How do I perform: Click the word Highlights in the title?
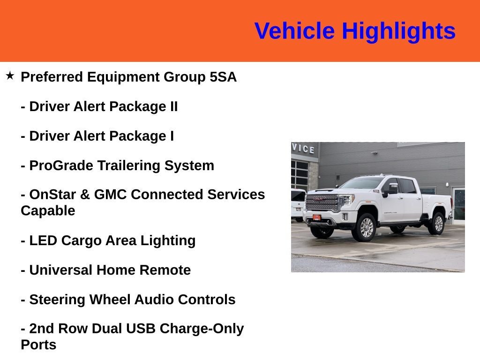tap(398, 31)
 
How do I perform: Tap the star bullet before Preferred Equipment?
tap(10, 75)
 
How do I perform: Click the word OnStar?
tap(50, 195)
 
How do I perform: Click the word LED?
tap(43, 240)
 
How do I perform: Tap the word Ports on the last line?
tap(38, 345)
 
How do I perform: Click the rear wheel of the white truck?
tap(438, 223)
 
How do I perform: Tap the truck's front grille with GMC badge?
tap(321, 202)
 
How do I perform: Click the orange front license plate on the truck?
tap(317, 217)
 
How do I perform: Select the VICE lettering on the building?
tap(303, 149)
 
